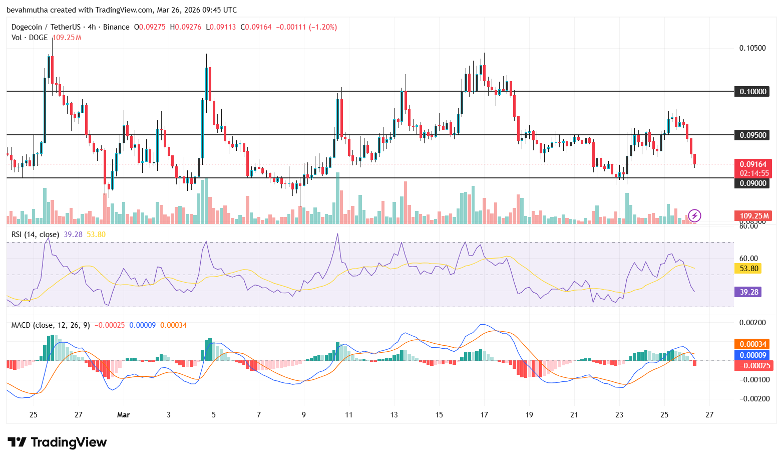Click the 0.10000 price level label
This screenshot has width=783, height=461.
coord(753,92)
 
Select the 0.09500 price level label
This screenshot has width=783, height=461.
coord(753,135)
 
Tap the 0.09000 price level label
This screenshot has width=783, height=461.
coord(753,183)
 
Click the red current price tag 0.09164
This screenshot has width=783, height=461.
coord(753,164)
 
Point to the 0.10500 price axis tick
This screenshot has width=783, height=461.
coord(752,48)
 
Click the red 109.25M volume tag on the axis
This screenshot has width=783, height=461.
coord(753,216)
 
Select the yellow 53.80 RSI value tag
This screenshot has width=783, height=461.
coord(748,269)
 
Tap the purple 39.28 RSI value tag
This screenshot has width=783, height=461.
coord(748,292)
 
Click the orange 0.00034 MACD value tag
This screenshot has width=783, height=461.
coord(753,344)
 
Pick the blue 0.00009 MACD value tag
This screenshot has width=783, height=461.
coord(753,355)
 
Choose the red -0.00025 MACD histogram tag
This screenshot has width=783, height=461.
coord(753,366)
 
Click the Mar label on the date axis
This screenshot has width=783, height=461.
coord(123,415)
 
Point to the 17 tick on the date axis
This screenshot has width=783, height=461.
coord(484,415)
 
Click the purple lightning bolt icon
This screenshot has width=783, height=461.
coord(694,216)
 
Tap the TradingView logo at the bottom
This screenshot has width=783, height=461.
coord(57,442)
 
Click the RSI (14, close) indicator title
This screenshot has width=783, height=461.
coord(35,235)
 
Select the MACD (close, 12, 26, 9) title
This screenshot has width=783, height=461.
coord(51,325)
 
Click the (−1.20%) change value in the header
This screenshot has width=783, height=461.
coord(323,27)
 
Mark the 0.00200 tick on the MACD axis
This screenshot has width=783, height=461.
coord(752,323)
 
